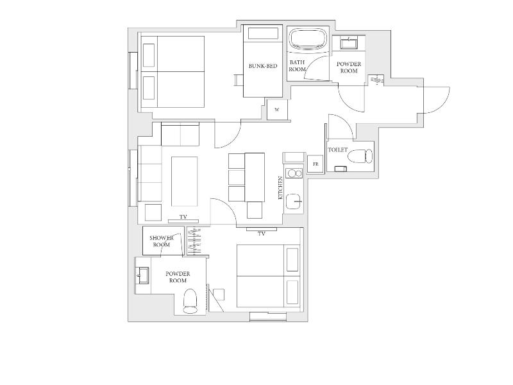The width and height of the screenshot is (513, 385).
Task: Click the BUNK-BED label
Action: pos(263,66)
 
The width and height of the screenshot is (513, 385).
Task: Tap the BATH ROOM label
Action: pos(297,66)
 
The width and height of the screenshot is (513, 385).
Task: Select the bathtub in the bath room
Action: pos(308,40)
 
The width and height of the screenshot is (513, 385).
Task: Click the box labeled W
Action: pos(277,109)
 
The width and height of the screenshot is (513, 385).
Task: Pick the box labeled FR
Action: pos(315,164)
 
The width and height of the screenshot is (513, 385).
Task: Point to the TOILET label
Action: pos(338,150)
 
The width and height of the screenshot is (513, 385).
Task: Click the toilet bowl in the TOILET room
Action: pos(360,156)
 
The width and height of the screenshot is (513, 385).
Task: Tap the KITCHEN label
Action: pos(280,188)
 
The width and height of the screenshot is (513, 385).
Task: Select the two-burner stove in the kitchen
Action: pos(294,173)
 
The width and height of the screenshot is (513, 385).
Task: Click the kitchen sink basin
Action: pos(294,201)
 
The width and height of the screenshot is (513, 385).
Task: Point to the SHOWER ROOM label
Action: pos(162,241)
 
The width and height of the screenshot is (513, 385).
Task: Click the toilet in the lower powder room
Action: pos(190,301)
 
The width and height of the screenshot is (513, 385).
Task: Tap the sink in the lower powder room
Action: pos(142,276)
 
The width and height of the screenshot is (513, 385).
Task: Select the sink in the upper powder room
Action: pos(349,43)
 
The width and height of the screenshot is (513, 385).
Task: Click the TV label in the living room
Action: pos(183,217)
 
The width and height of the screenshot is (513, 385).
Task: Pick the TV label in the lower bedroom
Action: pos(262,234)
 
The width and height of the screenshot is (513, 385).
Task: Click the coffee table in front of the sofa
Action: pos(185,182)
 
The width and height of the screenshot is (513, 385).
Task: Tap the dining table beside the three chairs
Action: pos(255,177)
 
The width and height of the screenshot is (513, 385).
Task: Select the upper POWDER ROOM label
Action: pos(349,67)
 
